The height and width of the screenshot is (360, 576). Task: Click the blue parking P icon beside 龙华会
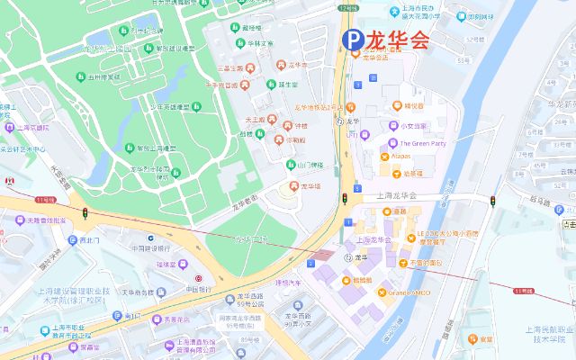[x=352, y=40]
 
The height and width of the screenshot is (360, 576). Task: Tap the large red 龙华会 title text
[x=397, y=40]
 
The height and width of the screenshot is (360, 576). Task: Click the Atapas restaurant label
[x=401, y=157]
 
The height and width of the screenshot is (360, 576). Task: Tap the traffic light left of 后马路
[x=492, y=200]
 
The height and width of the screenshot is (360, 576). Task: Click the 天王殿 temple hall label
[x=257, y=119]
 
